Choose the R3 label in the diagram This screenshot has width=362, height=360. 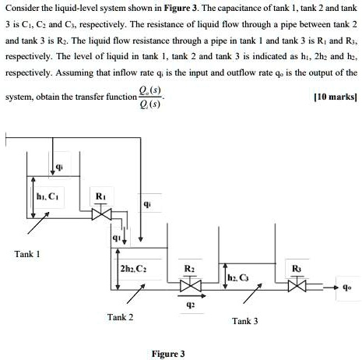coord(297,269)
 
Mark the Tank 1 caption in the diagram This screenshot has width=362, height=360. coord(28,254)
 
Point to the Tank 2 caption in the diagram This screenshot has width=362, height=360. coord(121,316)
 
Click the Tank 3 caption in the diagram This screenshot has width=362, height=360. coord(244,320)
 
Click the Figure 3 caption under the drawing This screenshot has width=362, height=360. coord(168,353)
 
